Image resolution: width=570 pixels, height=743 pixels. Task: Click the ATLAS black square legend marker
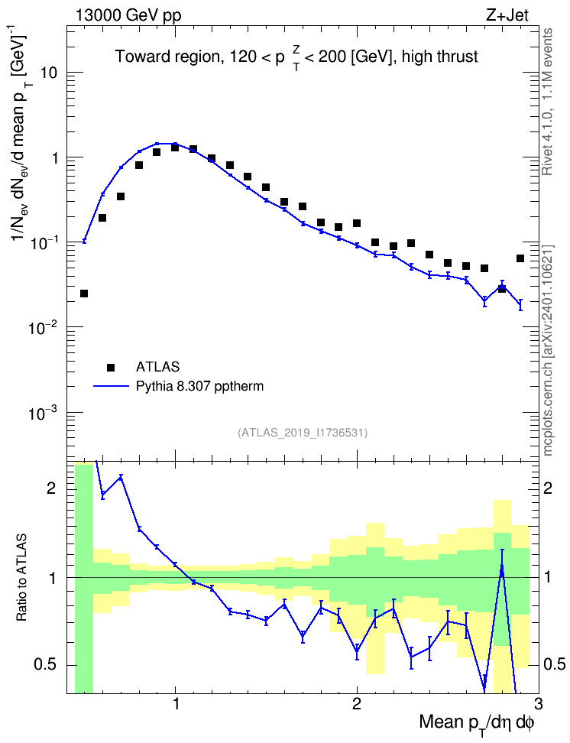111,367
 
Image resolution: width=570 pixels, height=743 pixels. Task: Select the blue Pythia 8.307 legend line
112,387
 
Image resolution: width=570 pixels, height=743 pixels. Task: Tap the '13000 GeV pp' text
128,15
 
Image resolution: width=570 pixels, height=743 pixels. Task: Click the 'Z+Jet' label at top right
507,15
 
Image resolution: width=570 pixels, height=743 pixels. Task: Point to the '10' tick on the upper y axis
48,73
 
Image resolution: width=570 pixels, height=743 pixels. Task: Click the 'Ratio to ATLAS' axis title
21,578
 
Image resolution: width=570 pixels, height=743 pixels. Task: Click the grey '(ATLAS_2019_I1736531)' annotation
303,432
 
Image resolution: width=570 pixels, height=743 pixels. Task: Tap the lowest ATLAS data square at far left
84,294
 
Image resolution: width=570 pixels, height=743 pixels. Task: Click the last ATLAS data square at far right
520,258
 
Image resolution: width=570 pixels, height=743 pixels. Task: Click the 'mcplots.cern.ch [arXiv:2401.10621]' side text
548,351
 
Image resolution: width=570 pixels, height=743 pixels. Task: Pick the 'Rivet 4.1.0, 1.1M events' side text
548,102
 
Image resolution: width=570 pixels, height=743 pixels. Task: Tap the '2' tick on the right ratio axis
548,488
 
